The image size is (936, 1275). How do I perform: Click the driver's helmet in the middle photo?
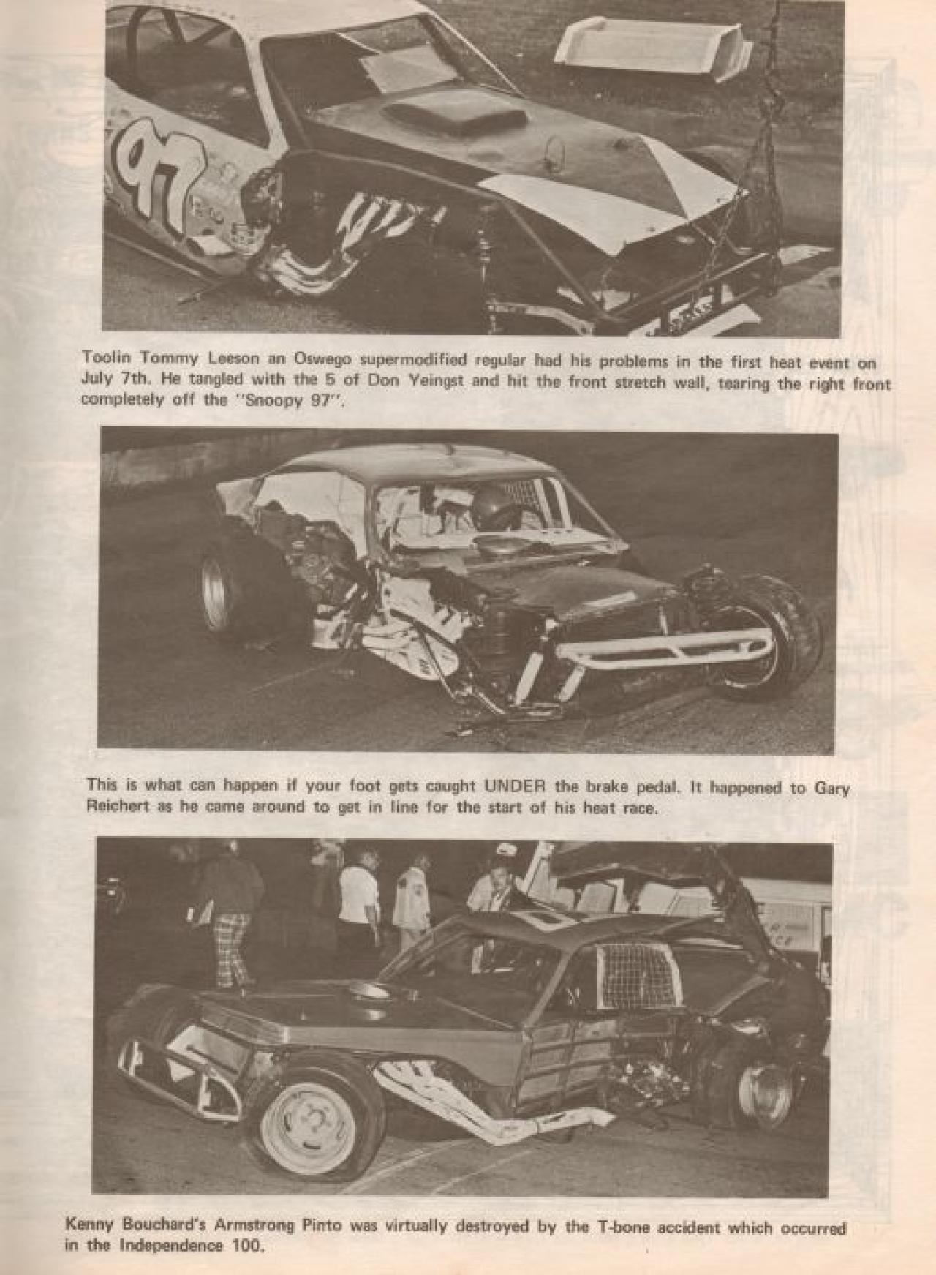[x=491, y=505]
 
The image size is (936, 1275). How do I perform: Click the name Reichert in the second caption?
[x=117, y=807]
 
